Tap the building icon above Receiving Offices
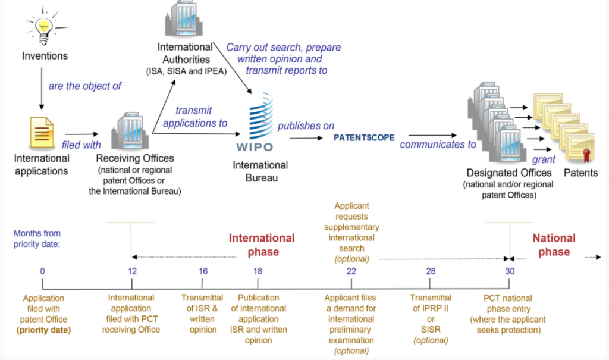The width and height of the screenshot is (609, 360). tap(130, 130)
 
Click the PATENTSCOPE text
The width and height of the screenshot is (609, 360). tap(364, 137)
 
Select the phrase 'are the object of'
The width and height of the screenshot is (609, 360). tap(85, 86)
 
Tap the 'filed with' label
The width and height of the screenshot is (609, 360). tap(81, 144)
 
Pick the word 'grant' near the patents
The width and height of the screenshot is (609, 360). tap(544, 159)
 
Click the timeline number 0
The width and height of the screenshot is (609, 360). tap(42, 271)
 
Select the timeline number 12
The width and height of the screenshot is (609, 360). tap(132, 271)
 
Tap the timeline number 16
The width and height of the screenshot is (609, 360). tap(203, 271)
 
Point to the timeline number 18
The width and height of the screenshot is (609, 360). tap(258, 271)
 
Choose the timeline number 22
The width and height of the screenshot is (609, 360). tap(351, 271)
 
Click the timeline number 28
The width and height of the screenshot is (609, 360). tap(431, 271)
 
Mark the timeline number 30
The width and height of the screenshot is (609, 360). tap(510, 271)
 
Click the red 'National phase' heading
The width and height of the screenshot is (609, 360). tap(554, 245)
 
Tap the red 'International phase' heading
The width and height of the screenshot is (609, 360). tap(262, 245)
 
